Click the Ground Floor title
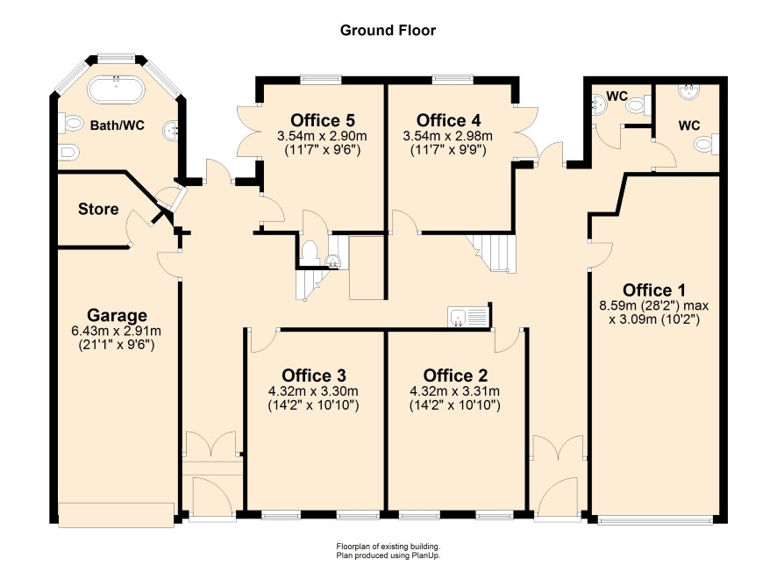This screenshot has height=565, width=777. click(388, 30)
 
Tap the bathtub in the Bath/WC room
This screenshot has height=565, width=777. click(117, 89)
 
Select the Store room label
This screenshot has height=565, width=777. click(98, 209)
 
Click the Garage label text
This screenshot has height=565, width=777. click(117, 315)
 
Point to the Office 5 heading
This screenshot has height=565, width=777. click(323, 120)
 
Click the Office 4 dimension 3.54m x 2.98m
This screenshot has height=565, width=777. click(448, 135)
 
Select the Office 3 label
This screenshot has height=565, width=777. click(314, 375)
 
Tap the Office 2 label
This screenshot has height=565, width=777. click(455, 375)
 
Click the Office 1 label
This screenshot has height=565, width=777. click(654, 290)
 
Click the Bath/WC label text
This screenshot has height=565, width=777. click(118, 125)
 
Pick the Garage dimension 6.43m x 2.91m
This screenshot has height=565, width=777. click(117, 331)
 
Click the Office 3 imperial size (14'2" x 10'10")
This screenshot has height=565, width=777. click(313, 405)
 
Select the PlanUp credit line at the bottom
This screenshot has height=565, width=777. click(388, 555)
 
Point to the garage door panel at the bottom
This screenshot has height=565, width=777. click(117, 514)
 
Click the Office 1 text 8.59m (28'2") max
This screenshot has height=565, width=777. click(654, 305)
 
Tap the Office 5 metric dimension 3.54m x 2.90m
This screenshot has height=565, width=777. click(323, 135)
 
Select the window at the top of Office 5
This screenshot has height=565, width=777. click(321, 78)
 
